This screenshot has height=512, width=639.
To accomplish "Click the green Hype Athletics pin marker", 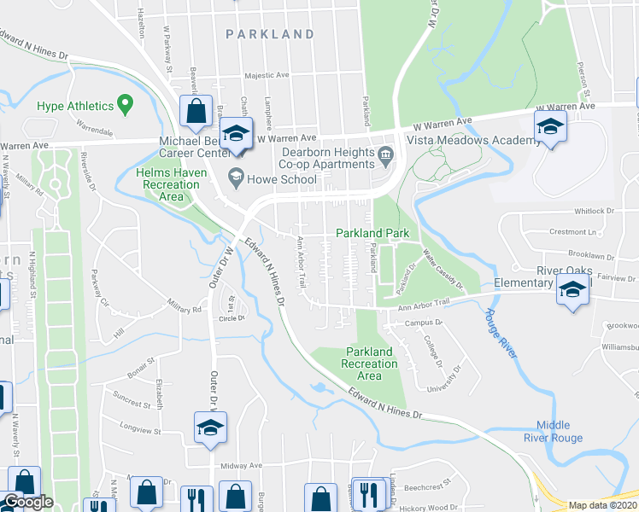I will coord(125,106).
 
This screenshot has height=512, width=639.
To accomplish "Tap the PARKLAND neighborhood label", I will coord(270,34).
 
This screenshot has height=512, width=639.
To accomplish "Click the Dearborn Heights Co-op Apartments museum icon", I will coord(386,154).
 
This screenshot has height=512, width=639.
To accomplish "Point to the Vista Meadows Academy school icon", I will coord(550,128).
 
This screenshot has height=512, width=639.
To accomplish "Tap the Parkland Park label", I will coord(372,233).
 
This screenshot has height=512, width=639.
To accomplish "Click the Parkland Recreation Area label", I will coord(371,364).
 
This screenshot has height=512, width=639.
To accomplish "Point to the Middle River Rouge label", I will coord(560,432).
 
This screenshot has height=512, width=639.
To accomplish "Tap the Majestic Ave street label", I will coord(268,76).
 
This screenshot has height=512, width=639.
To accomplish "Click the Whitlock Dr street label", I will coord(594,211).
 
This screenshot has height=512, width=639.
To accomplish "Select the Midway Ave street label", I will coord(240,466).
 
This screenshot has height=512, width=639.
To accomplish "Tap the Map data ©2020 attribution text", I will coord(603,505).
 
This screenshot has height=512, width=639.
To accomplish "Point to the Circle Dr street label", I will coord(232,318).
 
